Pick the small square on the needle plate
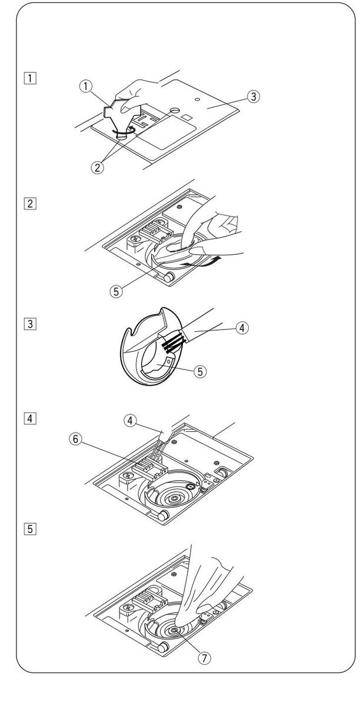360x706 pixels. (186, 119)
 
